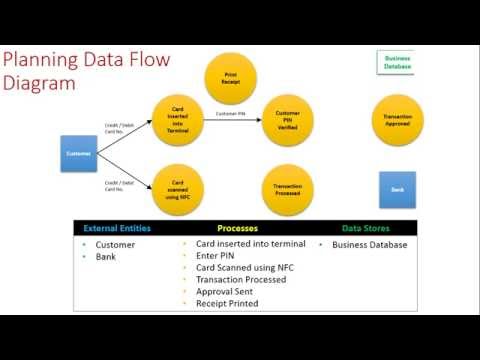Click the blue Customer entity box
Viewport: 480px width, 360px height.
pyautogui.click(x=79, y=153)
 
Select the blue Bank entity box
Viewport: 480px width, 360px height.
pyautogui.click(x=397, y=188)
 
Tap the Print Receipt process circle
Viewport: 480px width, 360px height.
pyautogui.click(x=231, y=77)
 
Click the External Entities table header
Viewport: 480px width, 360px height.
pyautogui.click(x=117, y=228)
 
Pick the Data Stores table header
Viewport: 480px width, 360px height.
pyautogui.click(x=367, y=228)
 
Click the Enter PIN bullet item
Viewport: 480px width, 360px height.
pyautogui.click(x=214, y=256)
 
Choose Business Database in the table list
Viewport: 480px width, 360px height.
pyautogui.click(x=370, y=245)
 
